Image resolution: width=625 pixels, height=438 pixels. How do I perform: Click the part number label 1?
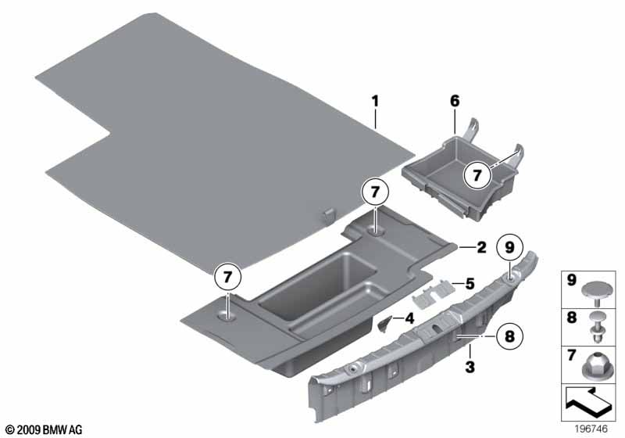[x=375, y=102]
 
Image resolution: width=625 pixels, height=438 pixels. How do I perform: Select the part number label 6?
[x=455, y=102]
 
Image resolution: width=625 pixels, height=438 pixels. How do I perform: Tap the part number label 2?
[x=481, y=248]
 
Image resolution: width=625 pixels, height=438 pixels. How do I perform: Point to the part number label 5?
[x=470, y=284]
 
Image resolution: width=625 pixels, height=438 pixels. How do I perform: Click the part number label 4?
[x=409, y=319]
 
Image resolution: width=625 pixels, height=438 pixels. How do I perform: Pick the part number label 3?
[x=470, y=366]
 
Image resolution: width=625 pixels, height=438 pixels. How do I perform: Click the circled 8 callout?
[x=510, y=336]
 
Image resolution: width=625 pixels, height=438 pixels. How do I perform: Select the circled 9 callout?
[x=510, y=248]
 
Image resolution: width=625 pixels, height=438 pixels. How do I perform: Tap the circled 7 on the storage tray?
[x=477, y=175]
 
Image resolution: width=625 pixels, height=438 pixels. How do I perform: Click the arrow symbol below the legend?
[x=586, y=402]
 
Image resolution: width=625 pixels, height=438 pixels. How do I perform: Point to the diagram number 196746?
[x=591, y=429]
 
